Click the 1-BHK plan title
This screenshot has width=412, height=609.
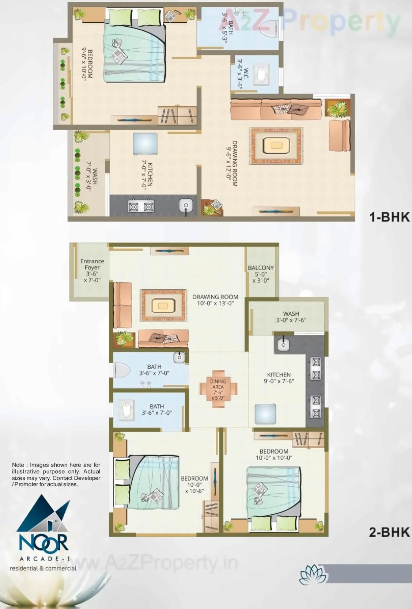[x=389, y=217]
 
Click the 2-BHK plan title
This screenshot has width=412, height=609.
[x=389, y=532]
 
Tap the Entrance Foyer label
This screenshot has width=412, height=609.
[x=92, y=270]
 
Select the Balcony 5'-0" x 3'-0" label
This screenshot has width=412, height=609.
[x=261, y=274]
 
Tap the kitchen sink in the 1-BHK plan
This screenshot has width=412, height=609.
[x=186, y=205]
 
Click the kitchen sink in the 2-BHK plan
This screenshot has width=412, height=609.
[x=283, y=344]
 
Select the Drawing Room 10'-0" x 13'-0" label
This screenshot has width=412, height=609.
[x=215, y=300]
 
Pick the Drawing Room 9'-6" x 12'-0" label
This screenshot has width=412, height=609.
[x=232, y=164]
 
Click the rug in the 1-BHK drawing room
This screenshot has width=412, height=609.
[x=276, y=146]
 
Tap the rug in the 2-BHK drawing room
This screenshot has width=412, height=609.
[x=163, y=305]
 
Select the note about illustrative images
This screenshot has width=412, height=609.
[x=56, y=475]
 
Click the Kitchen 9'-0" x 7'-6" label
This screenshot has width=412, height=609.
[x=279, y=378]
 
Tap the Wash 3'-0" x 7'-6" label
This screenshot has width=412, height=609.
[x=291, y=317]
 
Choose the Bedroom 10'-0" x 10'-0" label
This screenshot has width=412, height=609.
[x=274, y=454]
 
